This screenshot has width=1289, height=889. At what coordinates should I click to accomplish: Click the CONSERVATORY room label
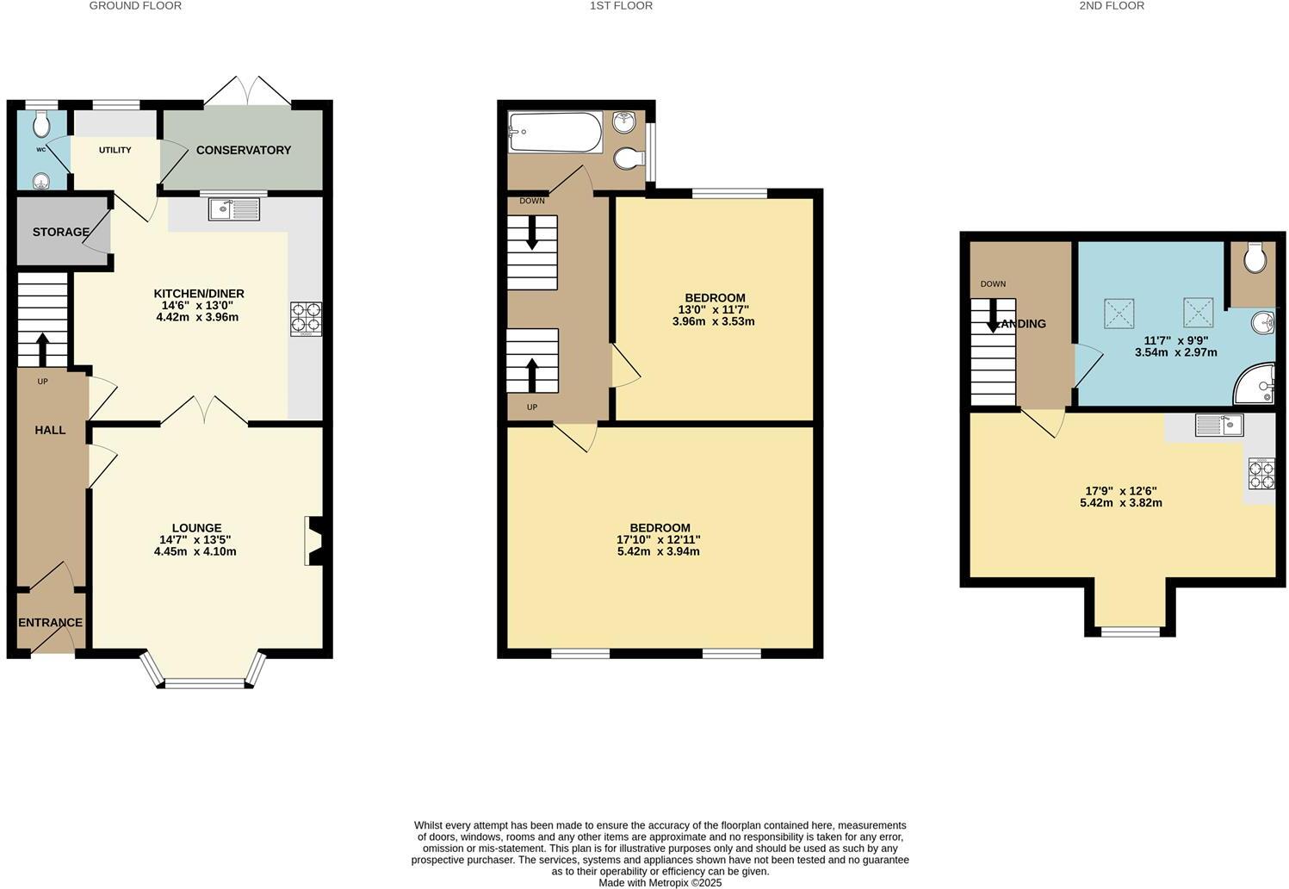(x=243, y=150)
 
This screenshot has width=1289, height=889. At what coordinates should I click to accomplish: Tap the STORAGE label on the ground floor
(x=60, y=232)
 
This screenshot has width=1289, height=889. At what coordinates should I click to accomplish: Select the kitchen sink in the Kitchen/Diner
(x=233, y=208)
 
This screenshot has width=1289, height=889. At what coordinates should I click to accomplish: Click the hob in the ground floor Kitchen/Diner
(x=305, y=318)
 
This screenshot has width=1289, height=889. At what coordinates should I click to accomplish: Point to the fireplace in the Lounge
(x=313, y=541)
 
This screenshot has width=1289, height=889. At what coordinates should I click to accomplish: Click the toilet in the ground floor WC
(x=40, y=127)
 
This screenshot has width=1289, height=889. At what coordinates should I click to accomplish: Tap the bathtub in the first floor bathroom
(x=555, y=132)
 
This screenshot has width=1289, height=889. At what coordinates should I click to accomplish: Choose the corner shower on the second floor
(x=1255, y=384)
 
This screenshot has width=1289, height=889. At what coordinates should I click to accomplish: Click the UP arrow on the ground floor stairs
(x=41, y=348)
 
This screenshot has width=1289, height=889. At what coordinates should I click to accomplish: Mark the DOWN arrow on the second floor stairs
(x=993, y=315)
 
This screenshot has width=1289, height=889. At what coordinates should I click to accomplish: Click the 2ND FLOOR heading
(x=1112, y=6)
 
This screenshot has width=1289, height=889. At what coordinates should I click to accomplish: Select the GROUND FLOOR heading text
(x=135, y=6)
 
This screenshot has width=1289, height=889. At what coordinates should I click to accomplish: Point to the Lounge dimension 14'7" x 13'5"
(x=195, y=540)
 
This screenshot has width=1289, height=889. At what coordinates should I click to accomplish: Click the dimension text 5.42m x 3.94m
(x=659, y=551)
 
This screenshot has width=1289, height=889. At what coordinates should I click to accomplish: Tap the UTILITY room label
(x=115, y=150)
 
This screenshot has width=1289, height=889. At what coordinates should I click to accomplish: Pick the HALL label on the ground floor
(x=50, y=430)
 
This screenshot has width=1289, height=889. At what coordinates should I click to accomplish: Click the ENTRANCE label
(x=50, y=623)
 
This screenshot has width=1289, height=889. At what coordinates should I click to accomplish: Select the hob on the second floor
(x=1261, y=471)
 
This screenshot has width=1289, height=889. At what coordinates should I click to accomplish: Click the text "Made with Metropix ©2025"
(x=660, y=882)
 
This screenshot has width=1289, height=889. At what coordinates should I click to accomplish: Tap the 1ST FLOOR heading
(x=621, y=6)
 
